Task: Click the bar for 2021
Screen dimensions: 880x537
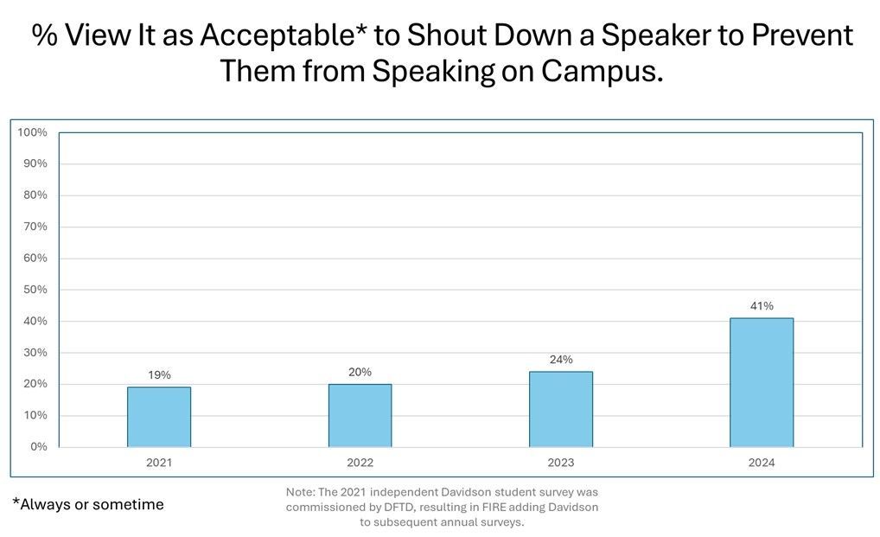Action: click(159, 417)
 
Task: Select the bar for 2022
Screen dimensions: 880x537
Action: click(360, 415)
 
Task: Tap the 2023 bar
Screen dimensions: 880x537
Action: click(561, 409)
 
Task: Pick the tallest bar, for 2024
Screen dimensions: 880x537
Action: click(762, 383)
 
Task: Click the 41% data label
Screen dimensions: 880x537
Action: click(762, 306)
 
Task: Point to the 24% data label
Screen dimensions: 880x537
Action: click(561, 359)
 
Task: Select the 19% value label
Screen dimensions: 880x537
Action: click(159, 374)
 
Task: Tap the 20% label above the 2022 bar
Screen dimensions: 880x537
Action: click(360, 372)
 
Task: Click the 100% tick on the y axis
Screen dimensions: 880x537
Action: click(32, 132)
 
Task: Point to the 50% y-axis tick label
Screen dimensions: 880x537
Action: click(35, 290)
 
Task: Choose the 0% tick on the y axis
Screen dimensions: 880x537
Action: click(39, 447)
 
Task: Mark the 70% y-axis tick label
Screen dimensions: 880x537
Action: click(35, 227)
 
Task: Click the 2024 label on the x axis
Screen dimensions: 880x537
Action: click(762, 463)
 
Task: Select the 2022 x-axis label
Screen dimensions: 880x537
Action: click(360, 463)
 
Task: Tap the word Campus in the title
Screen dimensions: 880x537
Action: click(603, 72)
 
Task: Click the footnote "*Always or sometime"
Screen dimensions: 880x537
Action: click(88, 504)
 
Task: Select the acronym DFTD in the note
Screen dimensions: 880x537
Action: click(399, 508)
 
